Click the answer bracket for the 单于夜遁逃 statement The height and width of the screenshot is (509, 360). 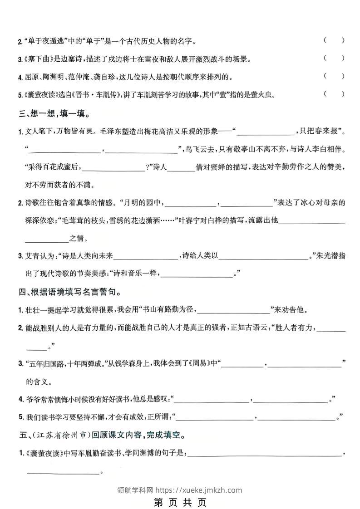pyautogui.click(x=334, y=40)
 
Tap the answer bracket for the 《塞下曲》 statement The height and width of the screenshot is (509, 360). pyautogui.click(x=334, y=58)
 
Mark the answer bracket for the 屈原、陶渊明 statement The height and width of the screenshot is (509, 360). pyautogui.click(x=334, y=76)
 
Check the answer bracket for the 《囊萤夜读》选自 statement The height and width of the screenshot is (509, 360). pyautogui.click(x=334, y=94)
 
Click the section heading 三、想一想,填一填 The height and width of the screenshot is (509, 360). pyautogui.click(x=54, y=113)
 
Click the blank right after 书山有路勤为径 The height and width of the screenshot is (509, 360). pyautogui.click(x=234, y=311)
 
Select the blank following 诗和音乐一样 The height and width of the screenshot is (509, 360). pyautogui.click(x=197, y=274)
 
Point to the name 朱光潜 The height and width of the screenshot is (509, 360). pyautogui.click(x=327, y=256)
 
